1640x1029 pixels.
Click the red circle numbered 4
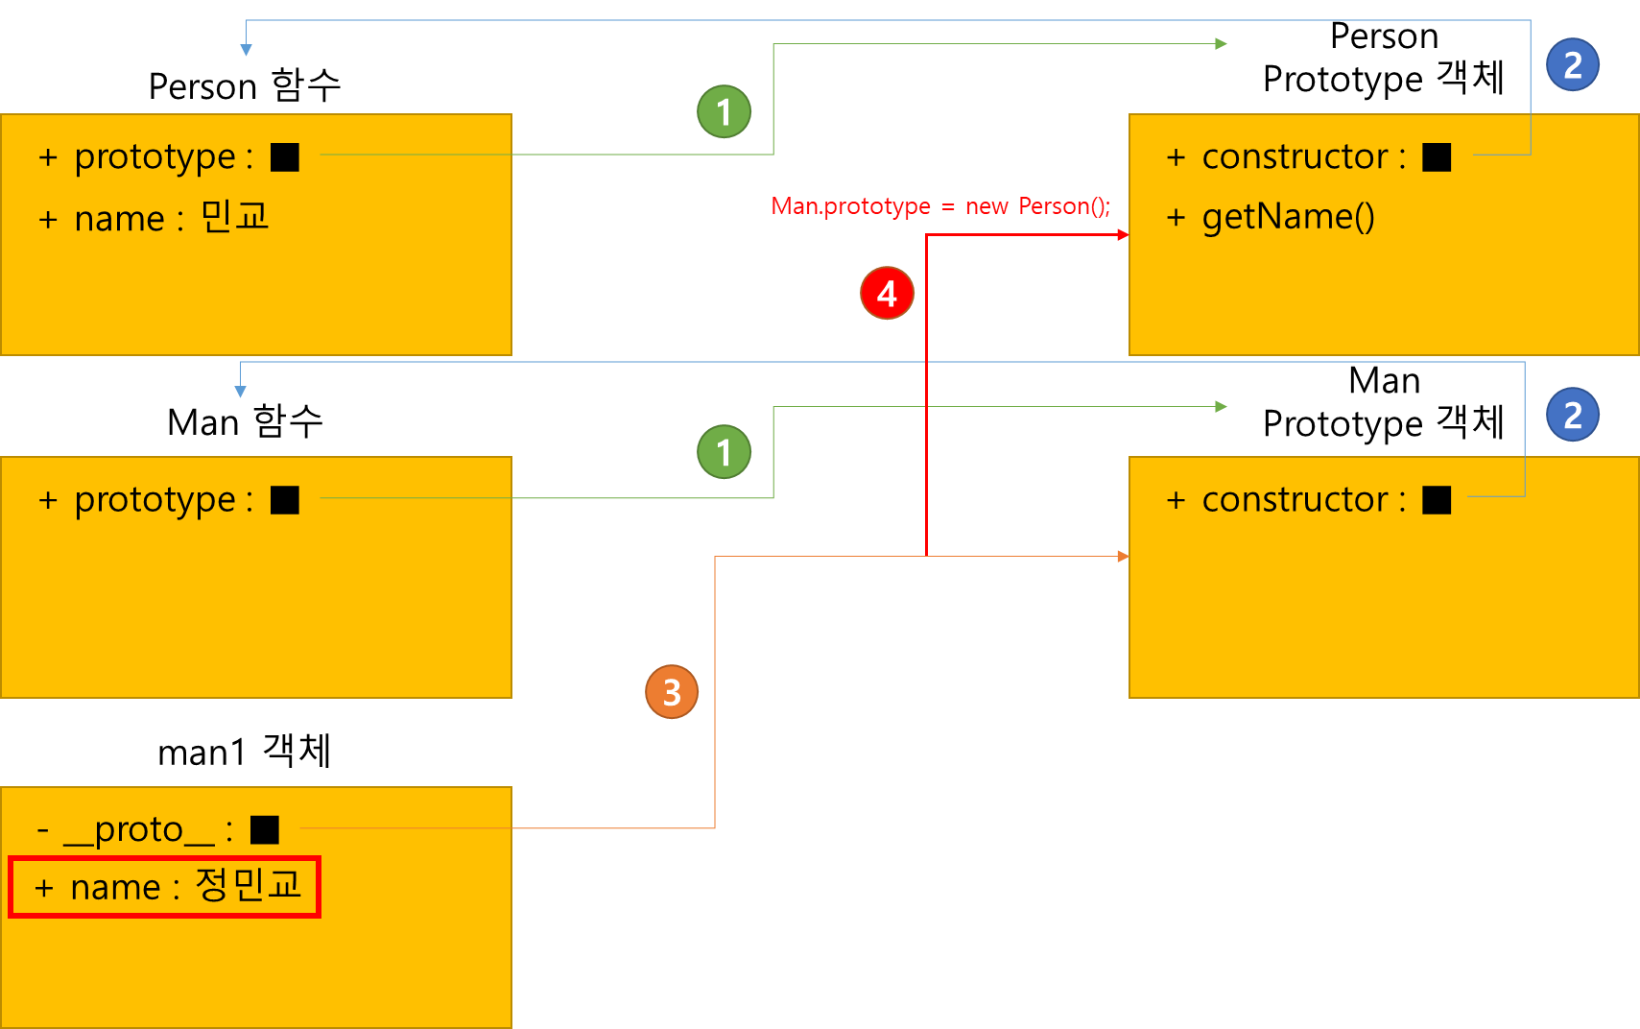887,294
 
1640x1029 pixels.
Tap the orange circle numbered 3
672,692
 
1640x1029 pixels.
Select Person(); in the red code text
1064,206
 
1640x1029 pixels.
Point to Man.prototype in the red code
851,206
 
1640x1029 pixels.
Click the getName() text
1288,217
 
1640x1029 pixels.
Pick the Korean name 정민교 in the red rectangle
249,885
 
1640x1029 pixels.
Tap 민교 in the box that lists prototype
235,217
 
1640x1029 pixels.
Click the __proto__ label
139,829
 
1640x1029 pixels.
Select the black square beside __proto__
265,829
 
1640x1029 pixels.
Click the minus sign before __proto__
42,829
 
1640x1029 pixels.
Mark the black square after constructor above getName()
1437,156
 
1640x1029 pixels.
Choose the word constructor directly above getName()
1295,156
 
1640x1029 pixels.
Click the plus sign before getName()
1176,218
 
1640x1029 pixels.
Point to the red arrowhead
1123,235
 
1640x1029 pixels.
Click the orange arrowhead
1123,557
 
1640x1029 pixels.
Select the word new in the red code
986,206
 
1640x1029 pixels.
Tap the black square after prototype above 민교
285,156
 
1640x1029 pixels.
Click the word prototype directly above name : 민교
154,156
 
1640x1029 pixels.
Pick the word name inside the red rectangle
115,888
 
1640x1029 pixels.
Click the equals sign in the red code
948,207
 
